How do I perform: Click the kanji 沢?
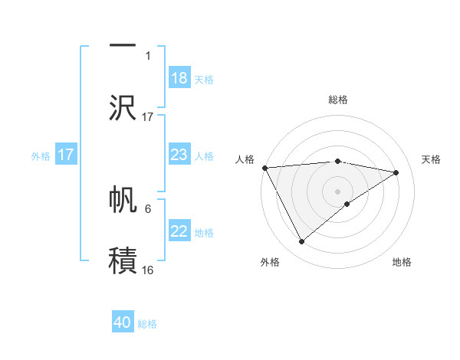(x=123, y=108)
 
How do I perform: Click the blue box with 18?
(x=179, y=78)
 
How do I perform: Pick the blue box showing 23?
(x=179, y=155)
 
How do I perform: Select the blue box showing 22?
(x=179, y=231)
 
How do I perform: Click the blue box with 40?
(x=123, y=322)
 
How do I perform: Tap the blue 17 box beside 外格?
(x=66, y=155)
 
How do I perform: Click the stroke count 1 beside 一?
(x=148, y=55)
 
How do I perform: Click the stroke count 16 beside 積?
(x=148, y=270)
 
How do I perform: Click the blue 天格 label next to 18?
(x=204, y=79)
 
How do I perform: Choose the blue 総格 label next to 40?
(x=147, y=324)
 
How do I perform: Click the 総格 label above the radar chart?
(x=338, y=100)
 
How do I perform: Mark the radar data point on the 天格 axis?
(x=396, y=172)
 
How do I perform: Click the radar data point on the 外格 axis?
(x=301, y=242)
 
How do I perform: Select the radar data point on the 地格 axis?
(x=347, y=204)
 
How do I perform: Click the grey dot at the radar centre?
(x=338, y=191)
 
